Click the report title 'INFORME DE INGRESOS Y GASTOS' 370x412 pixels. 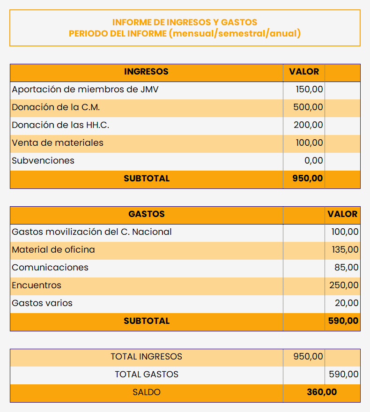185,22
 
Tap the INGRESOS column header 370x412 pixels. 146,72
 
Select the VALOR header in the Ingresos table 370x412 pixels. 304,72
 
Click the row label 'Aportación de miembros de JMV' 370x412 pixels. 85,89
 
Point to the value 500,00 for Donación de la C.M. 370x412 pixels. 308,107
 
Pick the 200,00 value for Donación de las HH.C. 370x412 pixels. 308,125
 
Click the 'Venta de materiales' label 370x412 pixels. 58,142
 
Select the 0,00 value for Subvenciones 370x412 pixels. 313,160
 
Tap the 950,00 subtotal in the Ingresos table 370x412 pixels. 308,179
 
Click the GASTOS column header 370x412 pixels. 146,214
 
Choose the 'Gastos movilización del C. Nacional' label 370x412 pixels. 92,232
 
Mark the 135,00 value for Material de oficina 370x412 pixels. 345,249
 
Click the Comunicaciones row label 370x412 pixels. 50,267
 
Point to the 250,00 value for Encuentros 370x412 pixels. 344,285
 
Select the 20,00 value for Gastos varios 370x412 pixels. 347,303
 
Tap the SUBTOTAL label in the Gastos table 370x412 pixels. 146,321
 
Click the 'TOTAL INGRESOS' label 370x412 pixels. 146,357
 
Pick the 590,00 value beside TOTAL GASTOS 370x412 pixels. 344,375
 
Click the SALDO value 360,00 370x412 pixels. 321,392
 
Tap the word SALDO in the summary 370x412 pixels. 146,392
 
